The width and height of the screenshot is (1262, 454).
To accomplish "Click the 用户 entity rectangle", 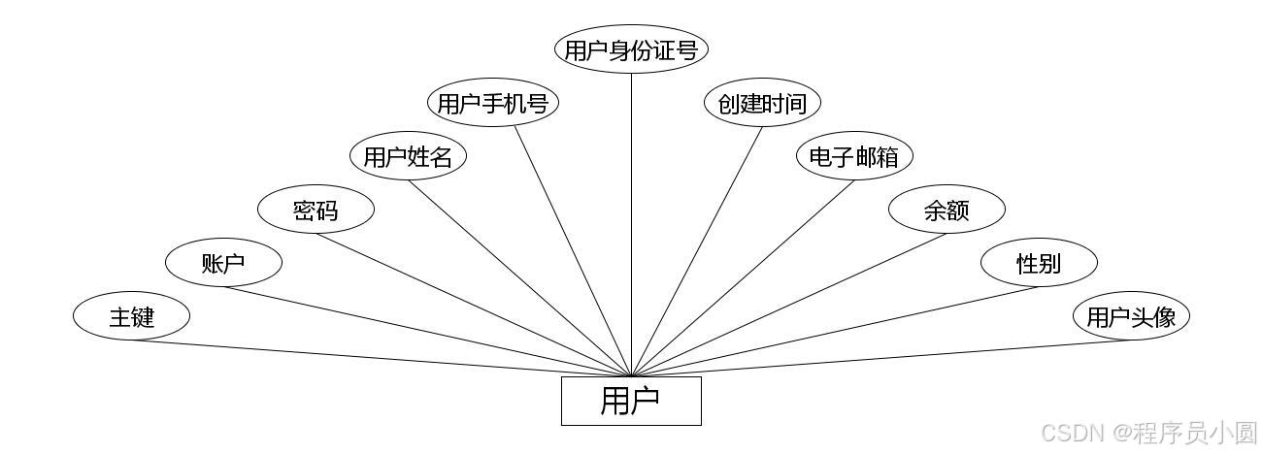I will point(631,401).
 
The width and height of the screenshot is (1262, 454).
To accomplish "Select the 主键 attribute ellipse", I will point(131,316).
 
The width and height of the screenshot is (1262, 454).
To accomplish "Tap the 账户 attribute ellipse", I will point(223,263).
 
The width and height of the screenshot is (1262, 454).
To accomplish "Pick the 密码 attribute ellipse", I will point(315,210).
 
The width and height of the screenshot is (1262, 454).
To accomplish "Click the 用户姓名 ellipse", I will point(408,156).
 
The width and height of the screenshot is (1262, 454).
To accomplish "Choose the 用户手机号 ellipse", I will point(493,103).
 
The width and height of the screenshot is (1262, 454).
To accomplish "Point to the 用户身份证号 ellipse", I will point(631,49).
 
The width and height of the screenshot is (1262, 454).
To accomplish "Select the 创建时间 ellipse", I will point(762,103).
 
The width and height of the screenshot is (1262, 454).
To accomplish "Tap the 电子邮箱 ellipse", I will point(854,156).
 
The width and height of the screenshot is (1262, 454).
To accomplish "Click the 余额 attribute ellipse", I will point(946,210).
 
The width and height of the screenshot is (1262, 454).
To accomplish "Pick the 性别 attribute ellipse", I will point(1039,263).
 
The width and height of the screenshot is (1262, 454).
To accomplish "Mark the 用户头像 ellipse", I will point(1131,316).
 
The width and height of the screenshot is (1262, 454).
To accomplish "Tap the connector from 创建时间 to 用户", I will point(697,250).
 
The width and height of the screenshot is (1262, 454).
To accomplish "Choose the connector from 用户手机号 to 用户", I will point(573,250).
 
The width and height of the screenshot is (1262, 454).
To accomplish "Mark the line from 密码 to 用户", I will point(473,305).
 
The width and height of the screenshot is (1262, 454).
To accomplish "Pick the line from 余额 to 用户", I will point(789,305).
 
